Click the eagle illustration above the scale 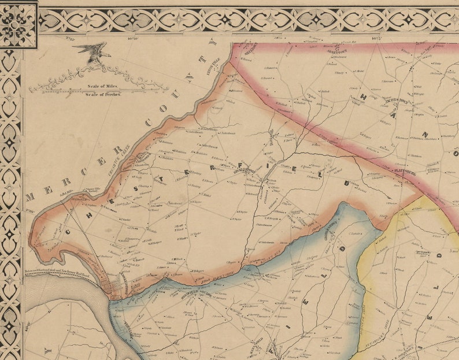[92, 51]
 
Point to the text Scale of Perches [103, 94]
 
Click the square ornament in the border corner [18, 24]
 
